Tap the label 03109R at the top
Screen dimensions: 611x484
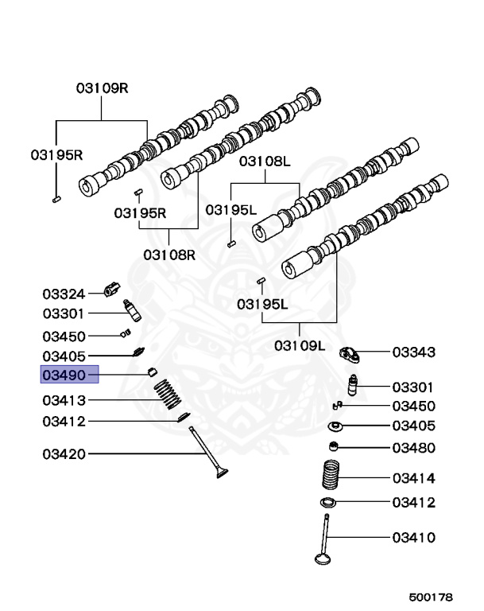click(102, 88)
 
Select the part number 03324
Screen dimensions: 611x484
click(63, 294)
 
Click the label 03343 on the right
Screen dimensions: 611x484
click(413, 351)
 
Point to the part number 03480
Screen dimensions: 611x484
click(413, 448)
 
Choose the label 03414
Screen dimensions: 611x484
click(413, 478)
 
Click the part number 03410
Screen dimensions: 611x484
click(413, 537)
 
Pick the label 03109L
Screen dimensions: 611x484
click(300, 345)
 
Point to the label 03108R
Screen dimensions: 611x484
click(169, 255)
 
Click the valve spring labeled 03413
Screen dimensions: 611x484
click(168, 395)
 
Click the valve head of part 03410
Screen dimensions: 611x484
click(323, 557)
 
